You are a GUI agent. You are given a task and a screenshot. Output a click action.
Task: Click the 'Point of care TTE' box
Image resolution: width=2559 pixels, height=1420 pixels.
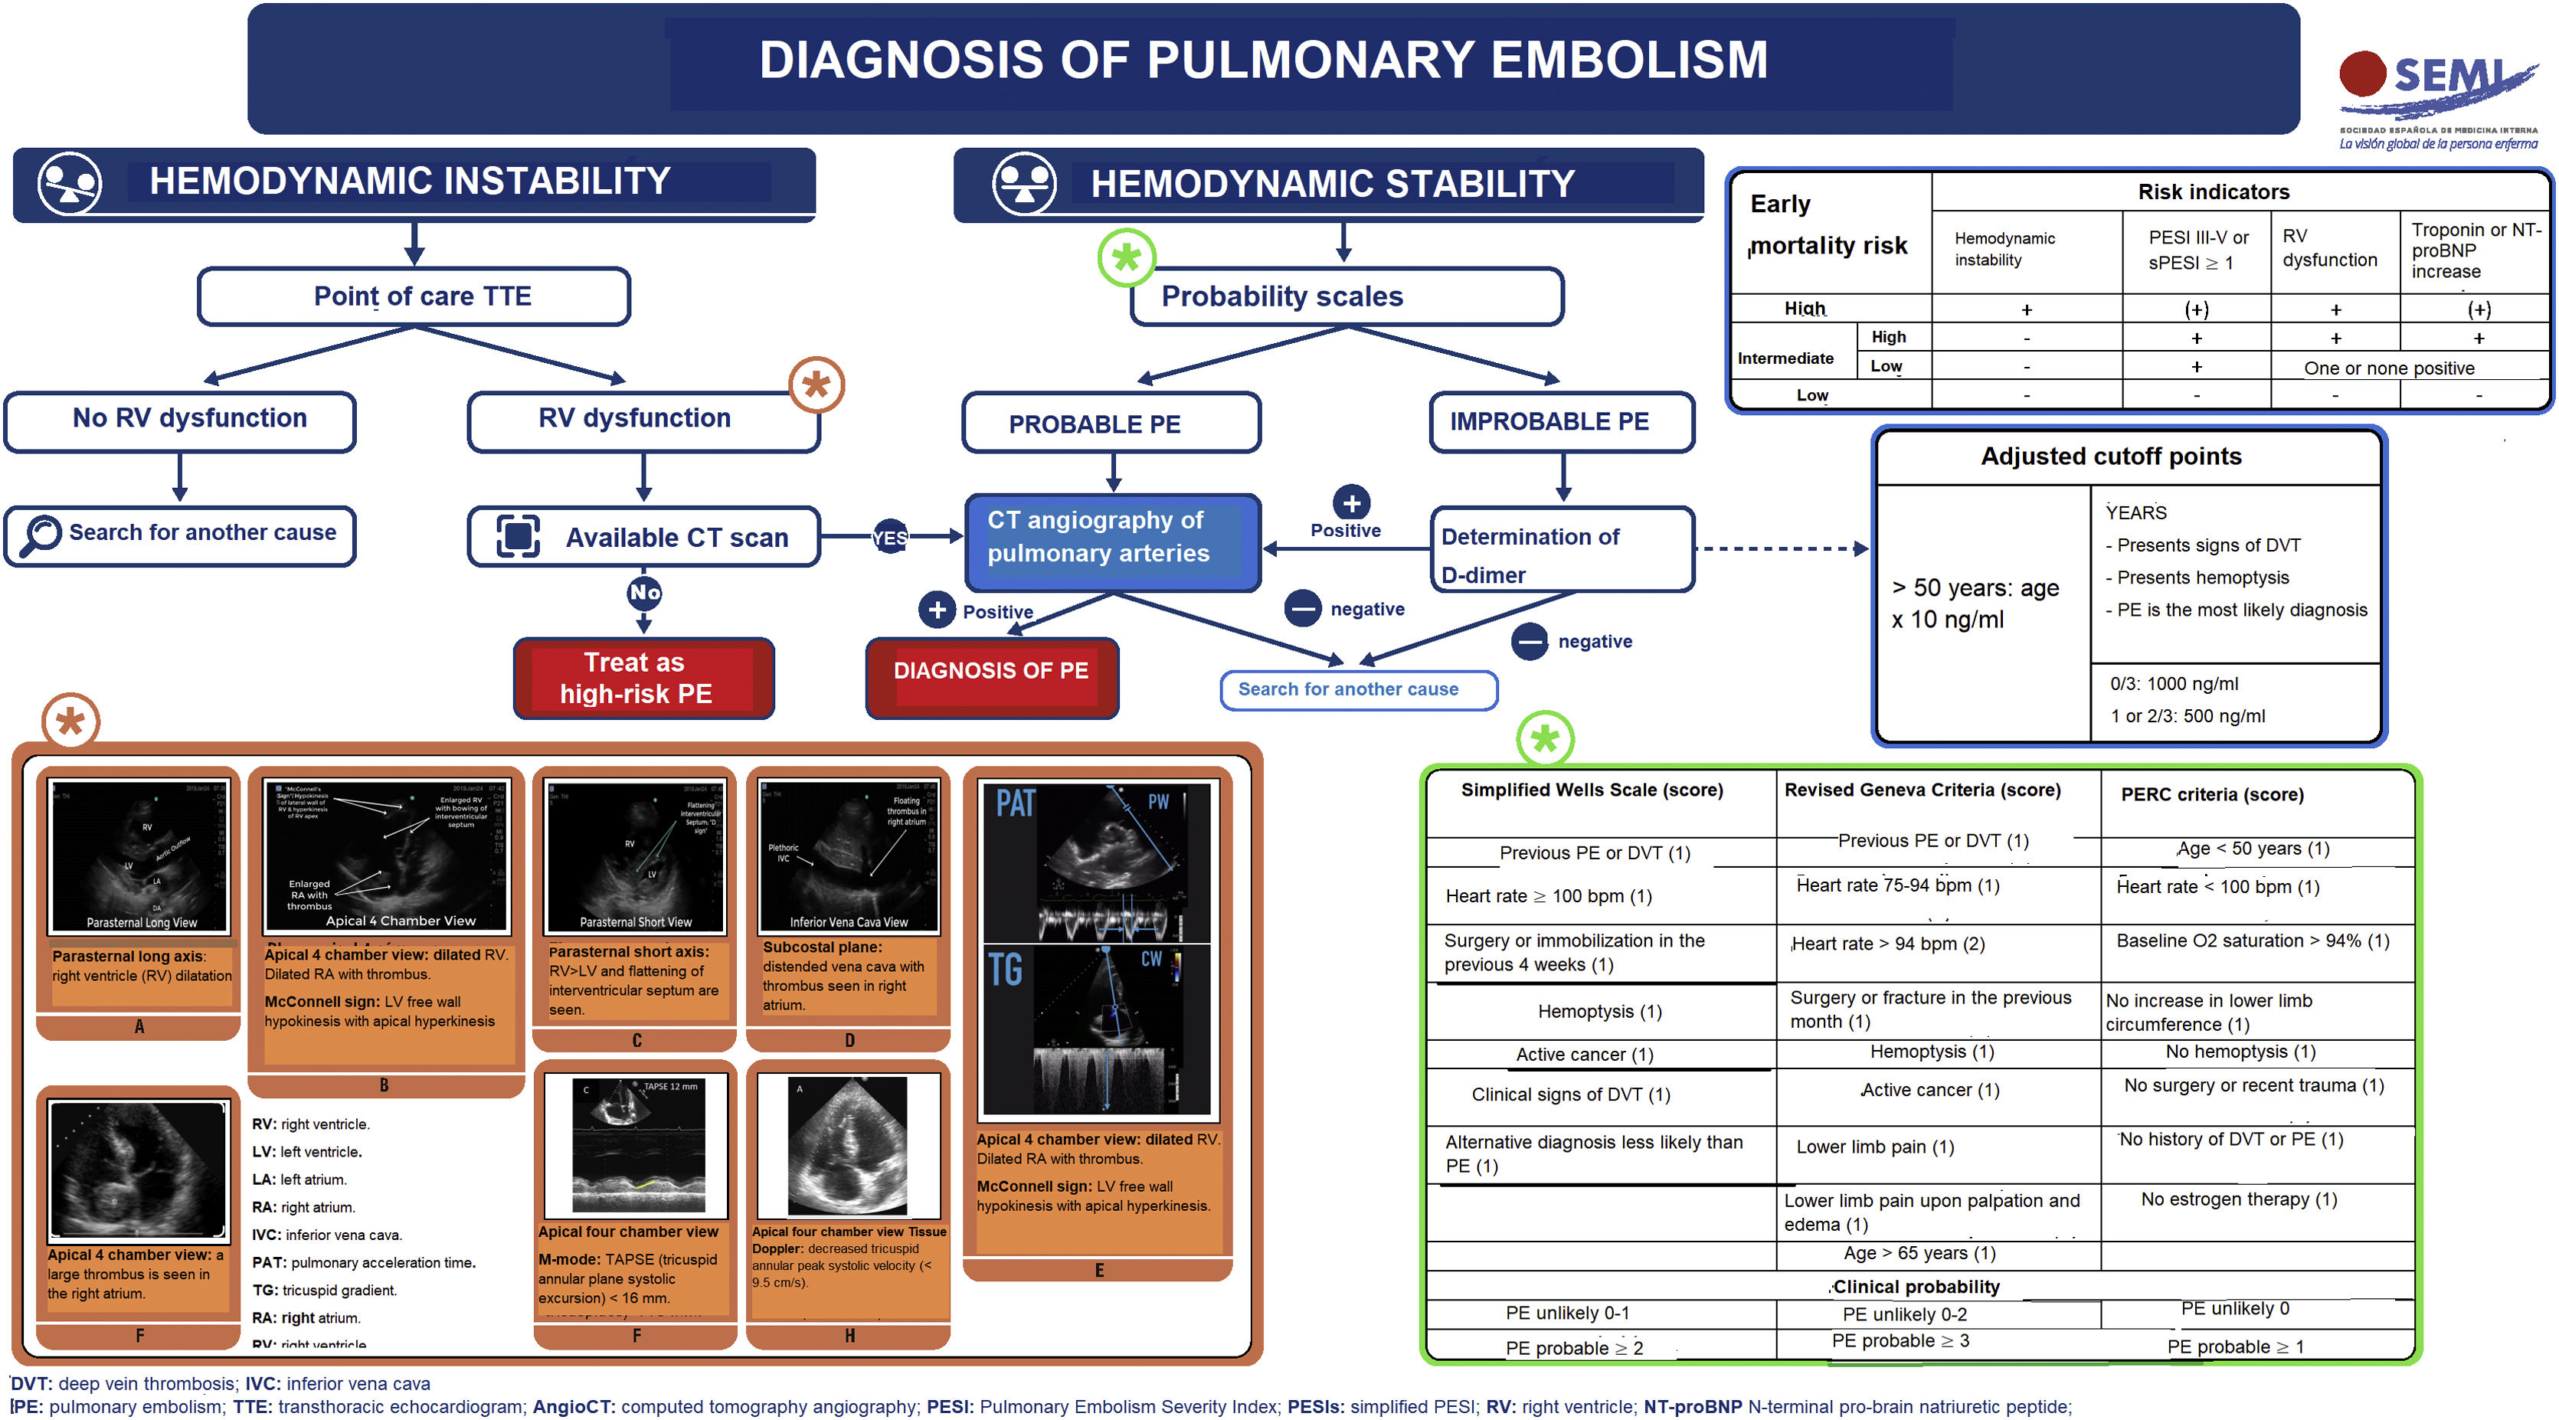(x=414, y=296)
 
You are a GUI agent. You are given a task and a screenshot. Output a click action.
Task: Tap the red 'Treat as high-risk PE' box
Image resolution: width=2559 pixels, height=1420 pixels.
(x=643, y=678)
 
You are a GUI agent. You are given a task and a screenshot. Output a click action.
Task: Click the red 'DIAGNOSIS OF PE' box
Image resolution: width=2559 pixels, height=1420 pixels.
(x=991, y=671)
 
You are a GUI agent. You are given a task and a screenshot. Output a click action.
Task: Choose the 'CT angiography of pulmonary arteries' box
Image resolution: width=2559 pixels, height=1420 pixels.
(x=1113, y=538)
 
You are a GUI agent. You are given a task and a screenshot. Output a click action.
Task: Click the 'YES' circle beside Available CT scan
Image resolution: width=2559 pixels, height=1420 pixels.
(x=889, y=538)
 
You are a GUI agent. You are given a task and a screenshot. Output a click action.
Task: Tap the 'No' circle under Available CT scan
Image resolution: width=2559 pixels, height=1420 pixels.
(x=643, y=592)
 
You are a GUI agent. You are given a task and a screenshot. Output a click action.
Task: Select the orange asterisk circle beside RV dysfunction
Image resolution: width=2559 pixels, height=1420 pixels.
(x=816, y=384)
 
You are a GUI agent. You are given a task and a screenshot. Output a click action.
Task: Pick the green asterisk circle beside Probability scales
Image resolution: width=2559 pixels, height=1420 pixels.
(x=1125, y=258)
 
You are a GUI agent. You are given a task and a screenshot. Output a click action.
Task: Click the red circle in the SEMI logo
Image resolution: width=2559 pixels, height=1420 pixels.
(x=2362, y=74)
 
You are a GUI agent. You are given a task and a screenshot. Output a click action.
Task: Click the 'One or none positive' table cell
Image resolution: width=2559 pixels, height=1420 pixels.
(x=2388, y=368)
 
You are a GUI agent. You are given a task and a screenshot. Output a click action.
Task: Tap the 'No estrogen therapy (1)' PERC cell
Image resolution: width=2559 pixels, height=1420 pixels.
(x=2238, y=1199)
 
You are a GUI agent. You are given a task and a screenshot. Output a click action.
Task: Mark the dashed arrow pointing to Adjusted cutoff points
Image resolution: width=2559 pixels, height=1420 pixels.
(x=1782, y=548)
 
